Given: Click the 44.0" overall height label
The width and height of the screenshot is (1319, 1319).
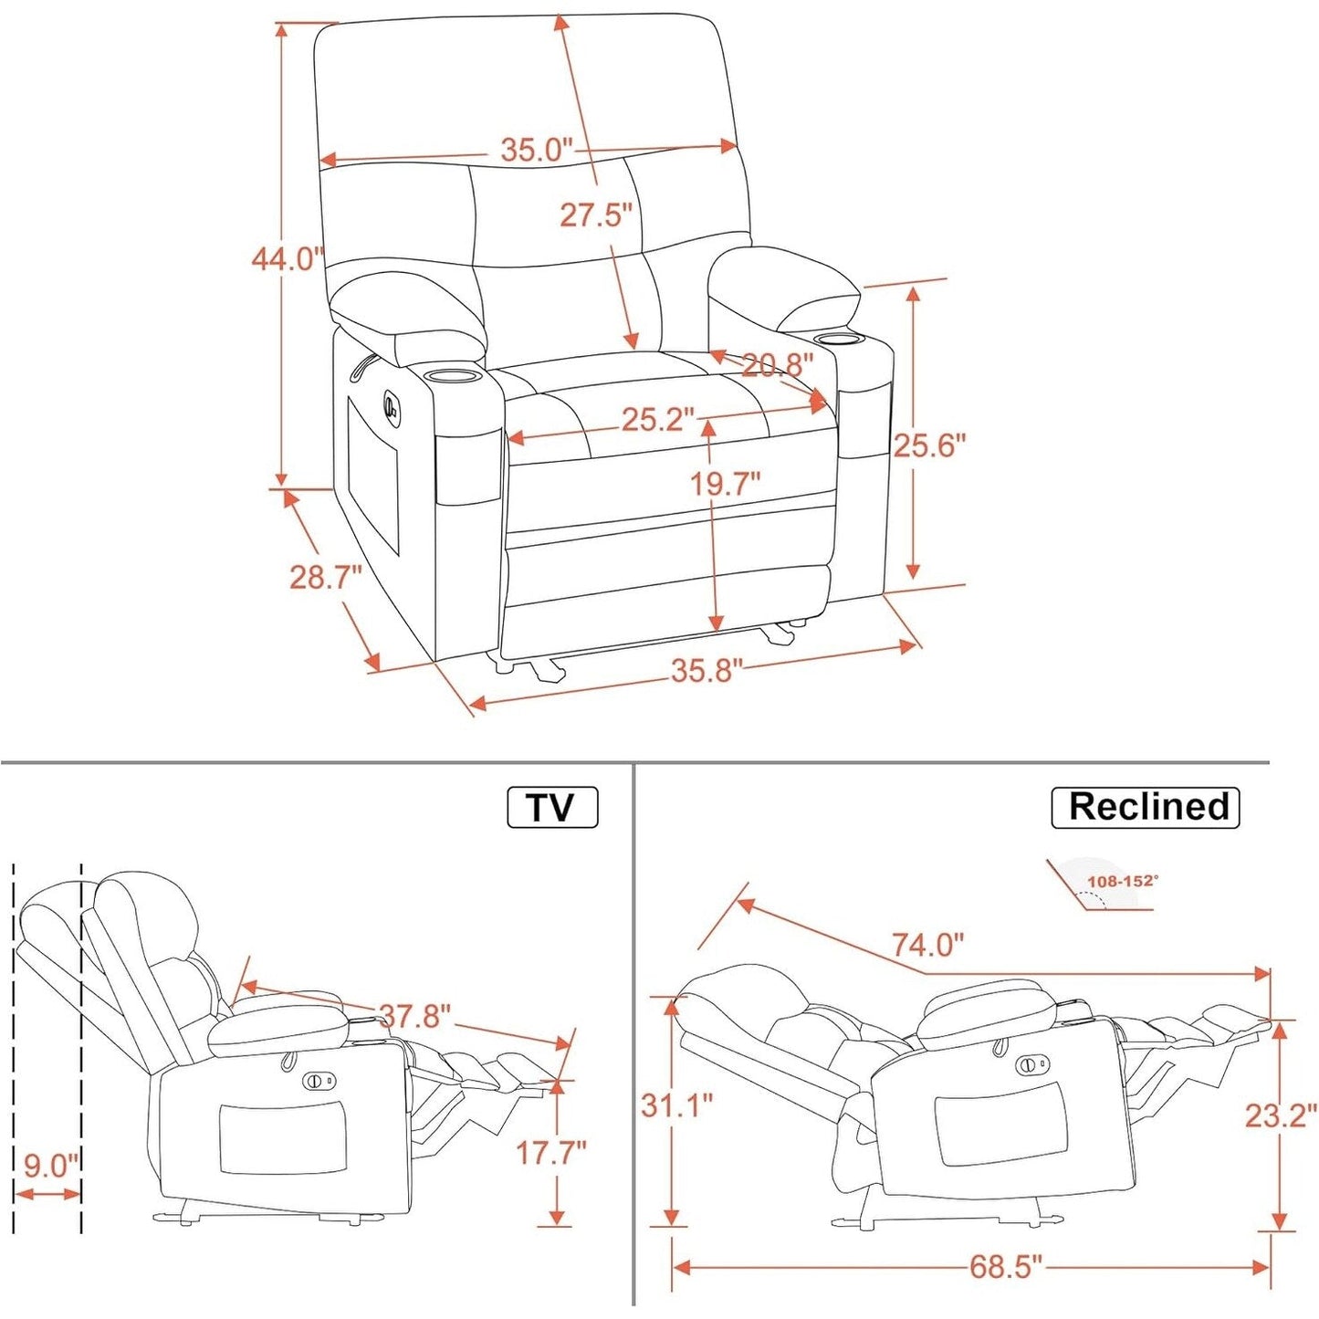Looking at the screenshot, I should (288, 259).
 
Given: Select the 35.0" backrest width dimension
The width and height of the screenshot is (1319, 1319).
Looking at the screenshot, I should (537, 150).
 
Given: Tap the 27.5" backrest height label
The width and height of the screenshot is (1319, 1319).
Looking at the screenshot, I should (596, 215).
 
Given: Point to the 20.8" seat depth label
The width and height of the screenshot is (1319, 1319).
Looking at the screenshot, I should (777, 365).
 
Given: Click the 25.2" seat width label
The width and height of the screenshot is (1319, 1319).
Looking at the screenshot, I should (658, 420).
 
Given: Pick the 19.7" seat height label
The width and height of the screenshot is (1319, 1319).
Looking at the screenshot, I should (725, 484).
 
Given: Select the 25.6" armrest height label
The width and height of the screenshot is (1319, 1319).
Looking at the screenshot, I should (929, 445).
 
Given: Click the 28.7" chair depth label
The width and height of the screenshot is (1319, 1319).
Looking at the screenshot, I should (326, 577).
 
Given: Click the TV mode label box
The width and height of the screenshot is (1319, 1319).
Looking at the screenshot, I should (552, 808).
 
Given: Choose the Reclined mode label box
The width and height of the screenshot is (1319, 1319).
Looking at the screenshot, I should (1146, 808).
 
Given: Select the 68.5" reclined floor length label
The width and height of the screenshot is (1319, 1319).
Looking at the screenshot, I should (1005, 1267).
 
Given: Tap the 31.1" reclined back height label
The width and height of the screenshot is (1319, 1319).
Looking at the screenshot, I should (676, 1105).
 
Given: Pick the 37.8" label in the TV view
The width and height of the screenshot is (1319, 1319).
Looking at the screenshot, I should (415, 1016).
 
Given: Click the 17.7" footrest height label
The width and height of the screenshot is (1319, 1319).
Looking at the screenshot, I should (551, 1153).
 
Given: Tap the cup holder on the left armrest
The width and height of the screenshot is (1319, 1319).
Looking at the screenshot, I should (453, 375).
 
